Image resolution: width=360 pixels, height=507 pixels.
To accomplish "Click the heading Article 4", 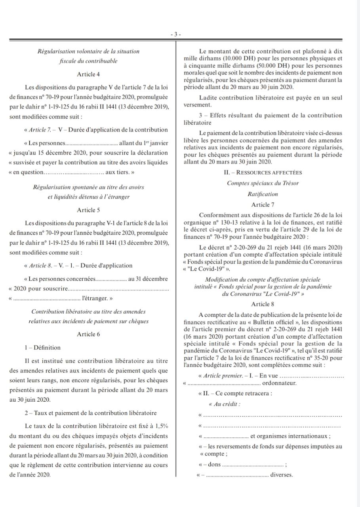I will [x=88, y=74].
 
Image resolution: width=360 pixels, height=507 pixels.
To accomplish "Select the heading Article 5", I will [x=88, y=210].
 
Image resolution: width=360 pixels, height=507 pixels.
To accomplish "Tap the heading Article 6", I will [x=88, y=334].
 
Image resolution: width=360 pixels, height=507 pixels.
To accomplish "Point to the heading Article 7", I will [x=263, y=205].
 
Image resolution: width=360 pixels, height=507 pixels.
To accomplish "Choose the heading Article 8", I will [x=263, y=304].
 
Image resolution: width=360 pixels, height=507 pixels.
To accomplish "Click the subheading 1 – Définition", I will [x=42, y=348].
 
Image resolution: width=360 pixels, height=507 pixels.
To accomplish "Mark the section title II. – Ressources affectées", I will [x=263, y=172].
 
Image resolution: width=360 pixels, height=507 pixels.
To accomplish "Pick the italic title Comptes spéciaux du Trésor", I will [x=263, y=183].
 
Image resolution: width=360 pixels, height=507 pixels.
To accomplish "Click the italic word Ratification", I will [x=263, y=194].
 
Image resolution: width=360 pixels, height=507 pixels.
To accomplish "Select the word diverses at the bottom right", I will [x=281, y=475].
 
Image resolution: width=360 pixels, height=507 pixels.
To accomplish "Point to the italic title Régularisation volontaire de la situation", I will [x=88, y=51].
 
